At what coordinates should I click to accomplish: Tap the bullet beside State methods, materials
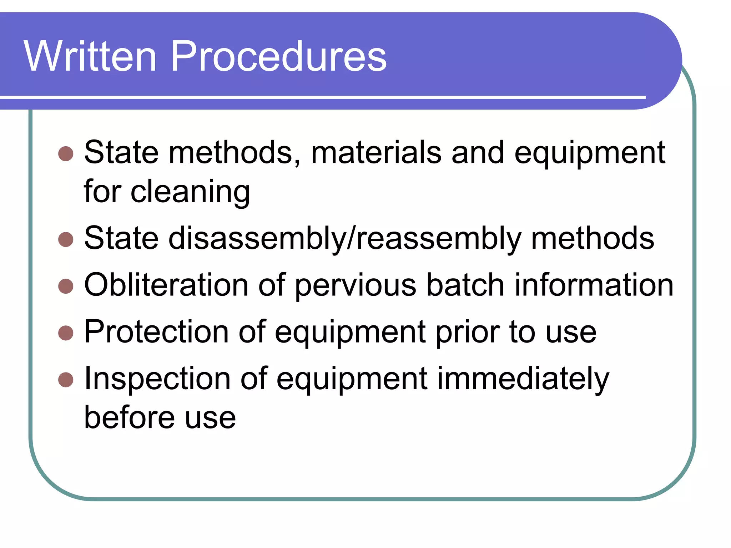[66, 154]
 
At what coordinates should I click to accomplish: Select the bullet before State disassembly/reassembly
[66, 239]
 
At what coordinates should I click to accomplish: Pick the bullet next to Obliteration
[66, 286]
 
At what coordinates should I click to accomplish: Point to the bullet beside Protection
[66, 333]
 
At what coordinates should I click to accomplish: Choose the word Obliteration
[166, 285]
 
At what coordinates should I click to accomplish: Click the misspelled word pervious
[356, 286]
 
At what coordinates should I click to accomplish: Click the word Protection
[156, 332]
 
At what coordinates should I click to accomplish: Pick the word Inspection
[157, 379]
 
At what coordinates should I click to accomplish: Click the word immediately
[523, 379]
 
